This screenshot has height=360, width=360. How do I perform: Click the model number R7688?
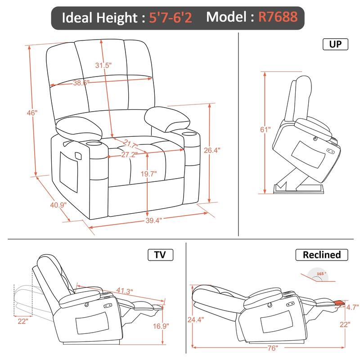[277, 17]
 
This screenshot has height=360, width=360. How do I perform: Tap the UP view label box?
[335, 44]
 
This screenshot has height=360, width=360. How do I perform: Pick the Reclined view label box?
[321, 255]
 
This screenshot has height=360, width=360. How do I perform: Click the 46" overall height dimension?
[31, 113]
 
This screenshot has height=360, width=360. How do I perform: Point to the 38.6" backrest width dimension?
[81, 82]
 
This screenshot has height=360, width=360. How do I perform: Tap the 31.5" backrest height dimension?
[103, 65]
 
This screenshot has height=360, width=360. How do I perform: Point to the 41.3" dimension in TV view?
[124, 291]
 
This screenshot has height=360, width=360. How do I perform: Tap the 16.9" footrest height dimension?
[169, 326]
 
